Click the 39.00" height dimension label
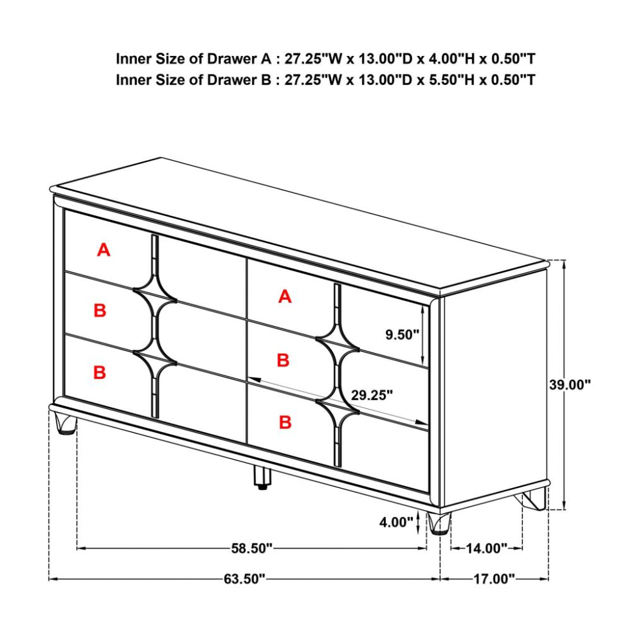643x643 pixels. click(570, 385)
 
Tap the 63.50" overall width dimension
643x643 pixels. click(244, 579)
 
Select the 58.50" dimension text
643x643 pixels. click(252, 548)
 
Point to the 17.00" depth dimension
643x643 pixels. click(494, 579)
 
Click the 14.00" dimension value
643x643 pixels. click(487, 548)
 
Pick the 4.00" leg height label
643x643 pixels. click(395, 522)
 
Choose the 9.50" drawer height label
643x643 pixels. click(402, 334)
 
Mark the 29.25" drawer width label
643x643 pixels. click(372, 395)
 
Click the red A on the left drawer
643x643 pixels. click(104, 249)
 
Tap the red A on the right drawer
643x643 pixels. click(285, 296)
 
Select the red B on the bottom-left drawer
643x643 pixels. click(100, 372)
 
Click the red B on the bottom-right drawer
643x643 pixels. click(285, 422)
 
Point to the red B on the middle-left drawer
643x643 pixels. click(100, 310)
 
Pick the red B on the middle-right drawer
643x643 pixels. click(284, 360)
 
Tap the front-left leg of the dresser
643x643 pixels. click(65, 423)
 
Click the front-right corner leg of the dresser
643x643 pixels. click(439, 523)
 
